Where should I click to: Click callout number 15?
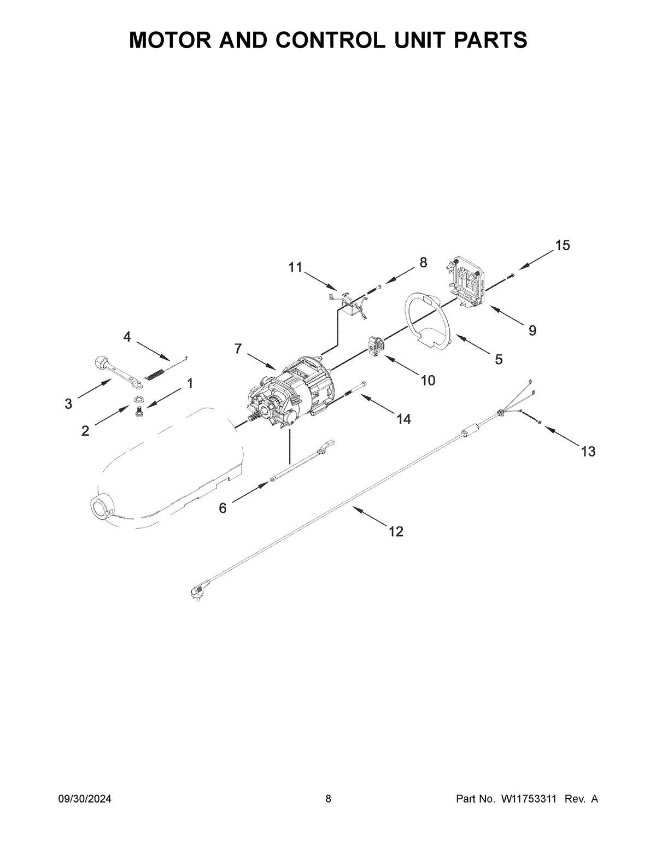coord(563,245)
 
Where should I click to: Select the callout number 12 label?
coord(395,531)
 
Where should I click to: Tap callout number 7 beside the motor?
coord(238,349)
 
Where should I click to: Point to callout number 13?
coord(588,452)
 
